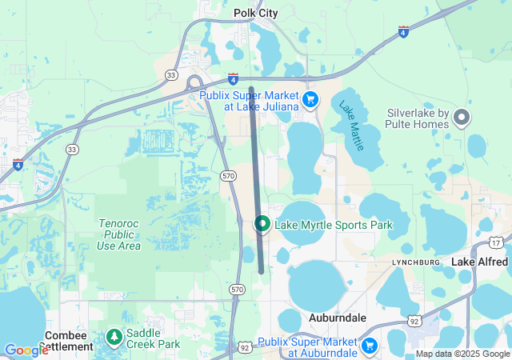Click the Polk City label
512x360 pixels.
pyautogui.click(x=256, y=13)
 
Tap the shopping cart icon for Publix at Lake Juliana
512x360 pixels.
pyautogui.click(x=310, y=100)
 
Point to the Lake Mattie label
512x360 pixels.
pyautogui.click(x=352, y=126)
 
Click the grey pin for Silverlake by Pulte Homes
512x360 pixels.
pyautogui.click(x=462, y=118)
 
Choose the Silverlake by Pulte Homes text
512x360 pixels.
pyautogui.click(x=418, y=118)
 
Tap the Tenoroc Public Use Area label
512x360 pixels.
pyautogui.click(x=119, y=234)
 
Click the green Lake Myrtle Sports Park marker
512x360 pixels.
pyautogui.click(x=262, y=224)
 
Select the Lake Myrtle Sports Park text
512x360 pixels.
pyautogui.click(x=334, y=225)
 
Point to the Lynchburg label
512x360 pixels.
pyautogui.click(x=416, y=262)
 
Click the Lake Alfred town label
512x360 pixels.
pyautogui.click(x=479, y=262)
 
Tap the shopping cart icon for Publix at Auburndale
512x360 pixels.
pyautogui.click(x=369, y=346)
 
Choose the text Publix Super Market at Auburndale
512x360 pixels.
pyautogui.click(x=318, y=346)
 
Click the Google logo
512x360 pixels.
pyautogui.click(x=26, y=350)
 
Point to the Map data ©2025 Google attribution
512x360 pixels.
pyautogui.click(x=462, y=354)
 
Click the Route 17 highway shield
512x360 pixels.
pyautogui.click(x=497, y=241)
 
